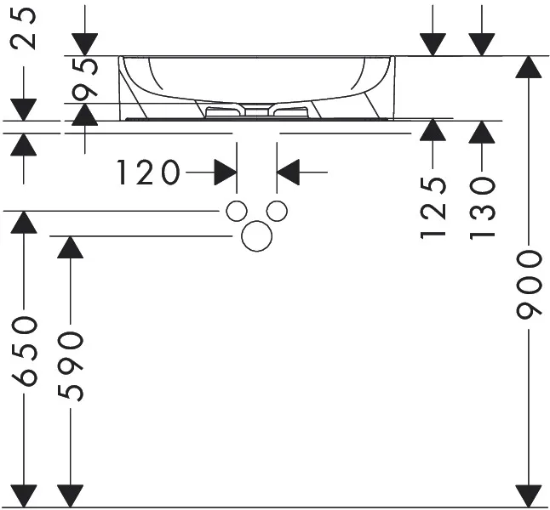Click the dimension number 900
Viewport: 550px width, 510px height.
530,284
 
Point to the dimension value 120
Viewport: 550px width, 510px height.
149,173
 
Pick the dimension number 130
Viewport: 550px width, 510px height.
482,207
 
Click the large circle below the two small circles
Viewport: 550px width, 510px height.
255,236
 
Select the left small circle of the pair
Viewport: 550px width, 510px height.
237,211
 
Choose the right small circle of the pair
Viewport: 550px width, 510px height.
275,211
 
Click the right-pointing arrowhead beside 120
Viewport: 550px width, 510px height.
225,173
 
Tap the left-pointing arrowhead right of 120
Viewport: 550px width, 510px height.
289,173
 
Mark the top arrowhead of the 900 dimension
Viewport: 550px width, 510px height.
530,69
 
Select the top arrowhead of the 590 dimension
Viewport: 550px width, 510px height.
69,248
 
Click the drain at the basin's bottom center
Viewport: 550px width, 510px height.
255,110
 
